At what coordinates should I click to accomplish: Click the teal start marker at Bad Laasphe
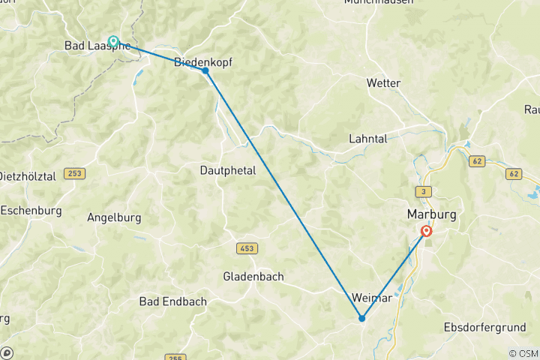point(113,41)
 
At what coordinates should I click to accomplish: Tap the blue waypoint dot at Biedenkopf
point(205,70)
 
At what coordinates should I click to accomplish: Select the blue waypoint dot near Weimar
point(361,318)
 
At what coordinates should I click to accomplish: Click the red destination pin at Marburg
point(426,232)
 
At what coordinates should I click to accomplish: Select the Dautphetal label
point(228,170)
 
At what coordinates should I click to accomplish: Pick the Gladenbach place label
point(253,276)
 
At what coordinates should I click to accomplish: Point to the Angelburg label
point(115,217)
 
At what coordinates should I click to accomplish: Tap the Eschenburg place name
point(31,210)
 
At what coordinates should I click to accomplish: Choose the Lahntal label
point(367,139)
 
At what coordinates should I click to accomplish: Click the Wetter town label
point(383,82)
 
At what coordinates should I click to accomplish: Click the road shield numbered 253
point(74,173)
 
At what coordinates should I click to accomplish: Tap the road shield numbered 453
point(247,247)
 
